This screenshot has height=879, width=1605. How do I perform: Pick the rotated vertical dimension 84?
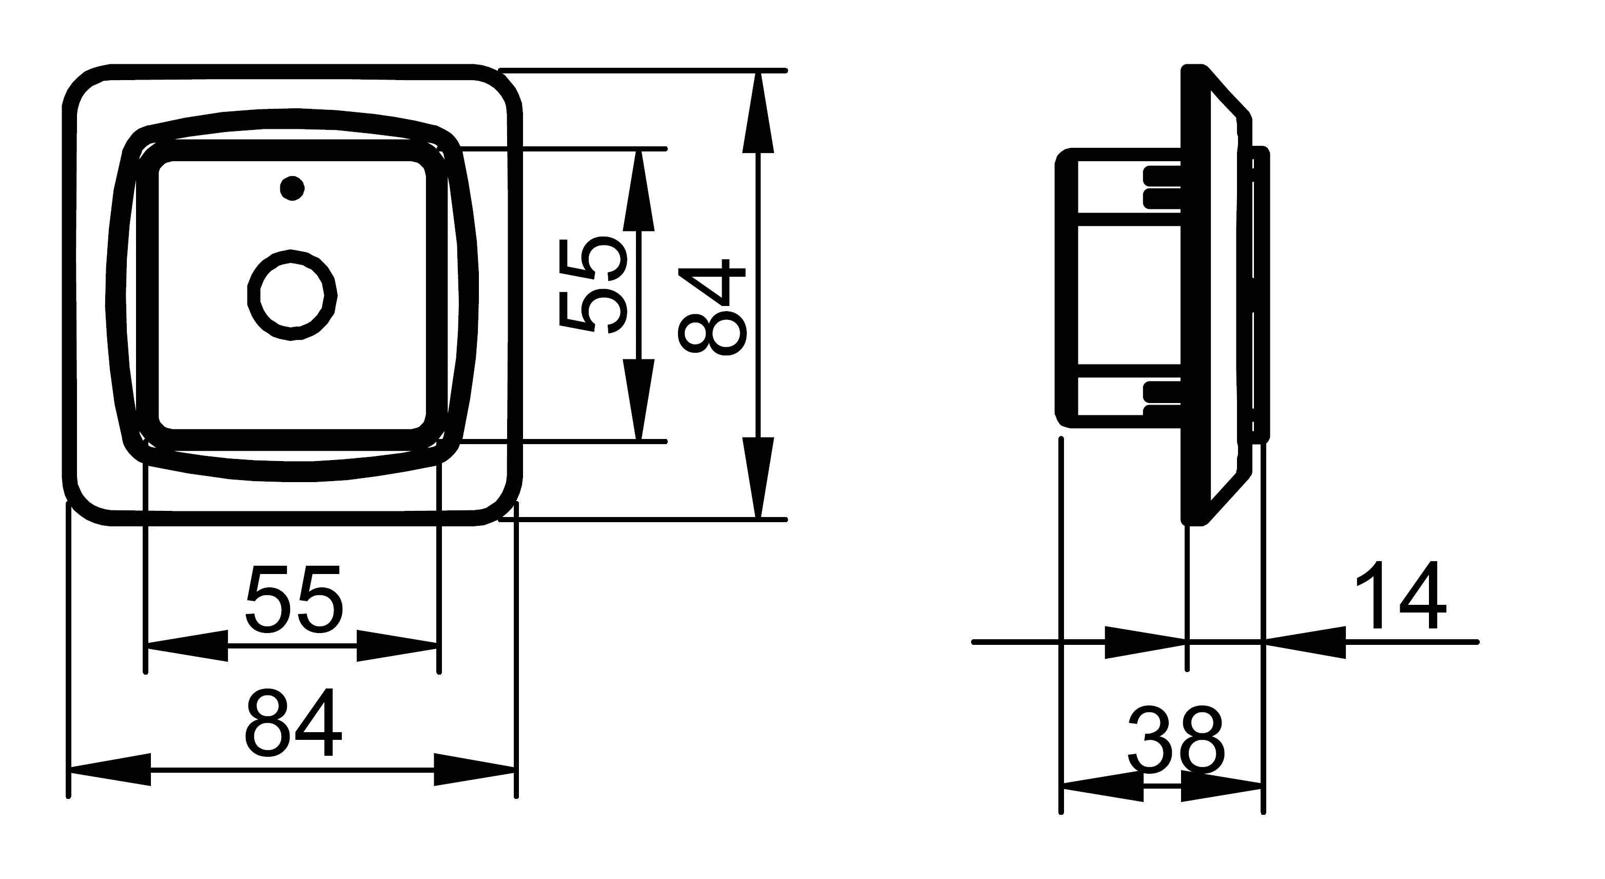711,308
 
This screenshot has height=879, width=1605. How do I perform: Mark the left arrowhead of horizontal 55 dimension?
186,645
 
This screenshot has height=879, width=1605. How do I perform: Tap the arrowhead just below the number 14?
1305,642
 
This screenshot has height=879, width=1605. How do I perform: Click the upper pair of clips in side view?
1163,187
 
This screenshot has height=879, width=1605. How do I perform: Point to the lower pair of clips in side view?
1163,399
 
